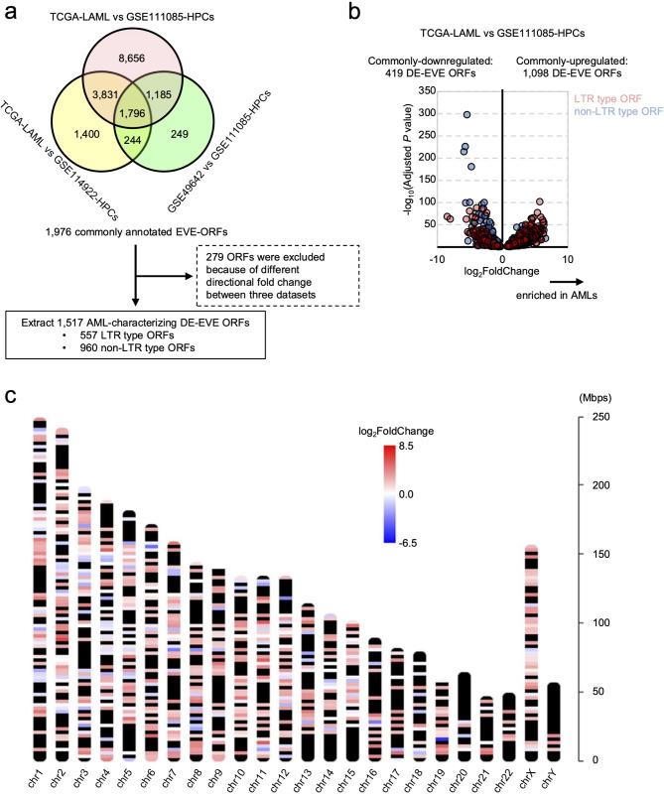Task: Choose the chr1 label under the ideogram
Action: coord(39,771)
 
